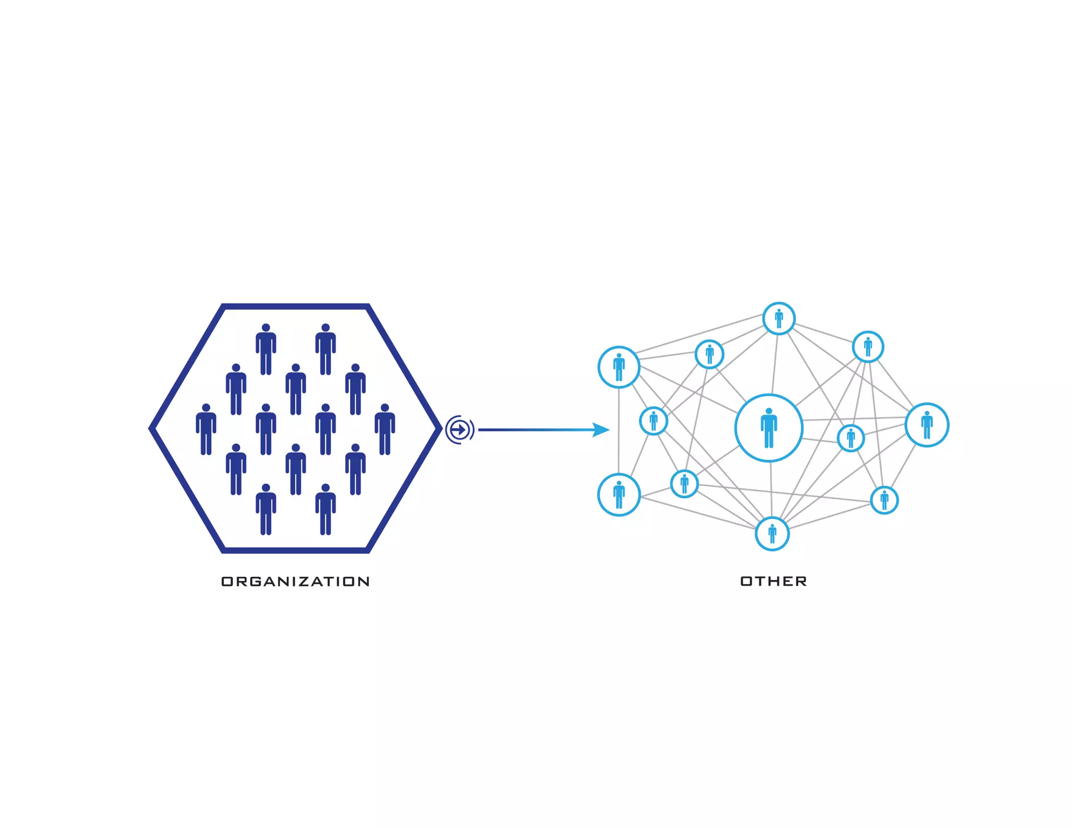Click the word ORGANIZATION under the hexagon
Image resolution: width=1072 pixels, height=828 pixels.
(x=295, y=581)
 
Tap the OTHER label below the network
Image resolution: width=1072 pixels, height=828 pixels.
(x=773, y=581)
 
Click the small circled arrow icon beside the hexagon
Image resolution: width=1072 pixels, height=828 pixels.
(x=459, y=430)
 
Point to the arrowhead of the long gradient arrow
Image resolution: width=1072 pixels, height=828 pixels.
(x=602, y=430)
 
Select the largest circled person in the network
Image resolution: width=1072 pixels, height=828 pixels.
(x=768, y=428)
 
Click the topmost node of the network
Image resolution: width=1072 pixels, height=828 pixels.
(x=779, y=318)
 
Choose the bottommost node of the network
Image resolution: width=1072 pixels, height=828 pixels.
(x=772, y=534)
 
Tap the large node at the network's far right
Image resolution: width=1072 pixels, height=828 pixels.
(x=926, y=424)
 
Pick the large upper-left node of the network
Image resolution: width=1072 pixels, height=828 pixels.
(x=619, y=367)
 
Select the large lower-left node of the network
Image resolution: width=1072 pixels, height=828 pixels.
(x=619, y=495)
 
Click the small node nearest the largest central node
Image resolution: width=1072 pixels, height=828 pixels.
(x=851, y=438)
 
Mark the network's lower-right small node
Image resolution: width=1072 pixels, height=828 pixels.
(x=884, y=500)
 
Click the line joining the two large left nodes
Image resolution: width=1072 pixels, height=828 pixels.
(x=619, y=430)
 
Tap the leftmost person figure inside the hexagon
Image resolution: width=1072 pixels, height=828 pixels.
(x=206, y=429)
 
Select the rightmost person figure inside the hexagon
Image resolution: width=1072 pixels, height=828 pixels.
(x=385, y=429)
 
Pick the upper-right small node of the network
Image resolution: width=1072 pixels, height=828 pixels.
(x=868, y=346)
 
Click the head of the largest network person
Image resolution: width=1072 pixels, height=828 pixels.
(x=768, y=411)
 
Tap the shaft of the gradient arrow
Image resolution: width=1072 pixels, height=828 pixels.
(x=534, y=430)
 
